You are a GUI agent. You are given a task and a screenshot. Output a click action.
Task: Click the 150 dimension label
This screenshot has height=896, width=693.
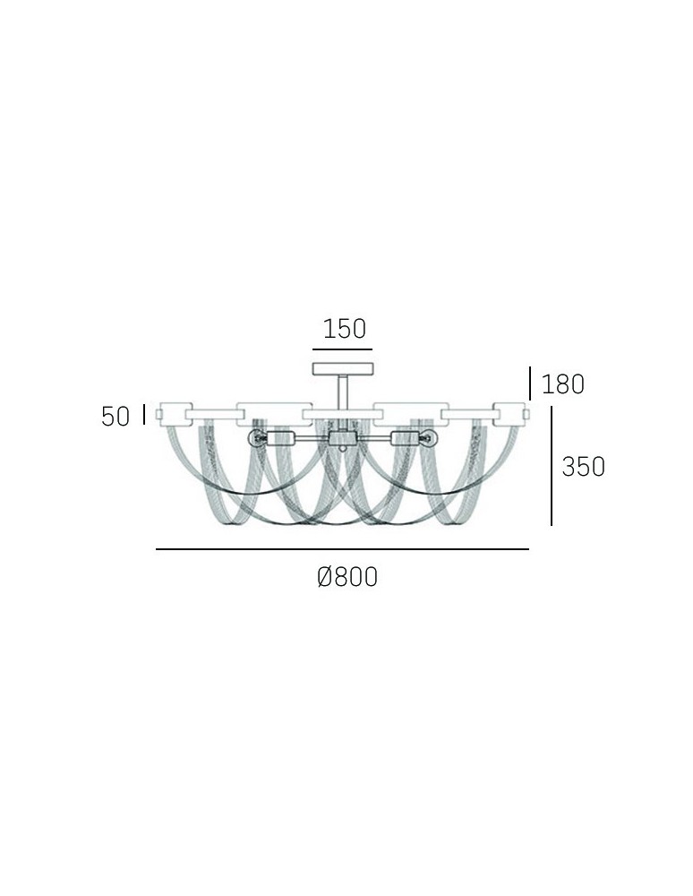(x=345, y=329)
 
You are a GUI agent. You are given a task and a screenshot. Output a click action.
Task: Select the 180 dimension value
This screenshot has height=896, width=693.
(x=562, y=384)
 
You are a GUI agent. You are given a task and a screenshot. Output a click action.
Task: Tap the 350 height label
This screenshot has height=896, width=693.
(x=583, y=466)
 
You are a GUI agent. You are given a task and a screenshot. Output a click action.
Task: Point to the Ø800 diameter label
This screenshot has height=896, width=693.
(x=347, y=578)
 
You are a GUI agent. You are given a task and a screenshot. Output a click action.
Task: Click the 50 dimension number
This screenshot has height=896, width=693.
(x=115, y=417)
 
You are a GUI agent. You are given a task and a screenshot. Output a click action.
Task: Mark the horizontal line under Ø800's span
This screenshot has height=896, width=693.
(x=342, y=548)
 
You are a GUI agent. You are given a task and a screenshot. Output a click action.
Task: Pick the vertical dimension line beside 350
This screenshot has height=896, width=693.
(x=551, y=466)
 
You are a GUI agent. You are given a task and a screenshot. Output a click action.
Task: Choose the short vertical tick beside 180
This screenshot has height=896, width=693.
(x=531, y=383)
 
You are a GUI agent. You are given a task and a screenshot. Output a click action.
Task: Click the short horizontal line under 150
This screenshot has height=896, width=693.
(x=341, y=349)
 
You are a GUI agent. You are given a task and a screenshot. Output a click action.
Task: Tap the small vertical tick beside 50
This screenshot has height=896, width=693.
(x=143, y=415)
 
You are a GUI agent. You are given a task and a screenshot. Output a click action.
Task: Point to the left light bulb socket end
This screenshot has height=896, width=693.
(x=255, y=439)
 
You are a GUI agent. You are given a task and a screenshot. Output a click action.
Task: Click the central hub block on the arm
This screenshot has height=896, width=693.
(x=341, y=439)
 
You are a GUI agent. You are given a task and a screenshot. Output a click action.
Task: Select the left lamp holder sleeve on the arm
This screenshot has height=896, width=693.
(x=282, y=439)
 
